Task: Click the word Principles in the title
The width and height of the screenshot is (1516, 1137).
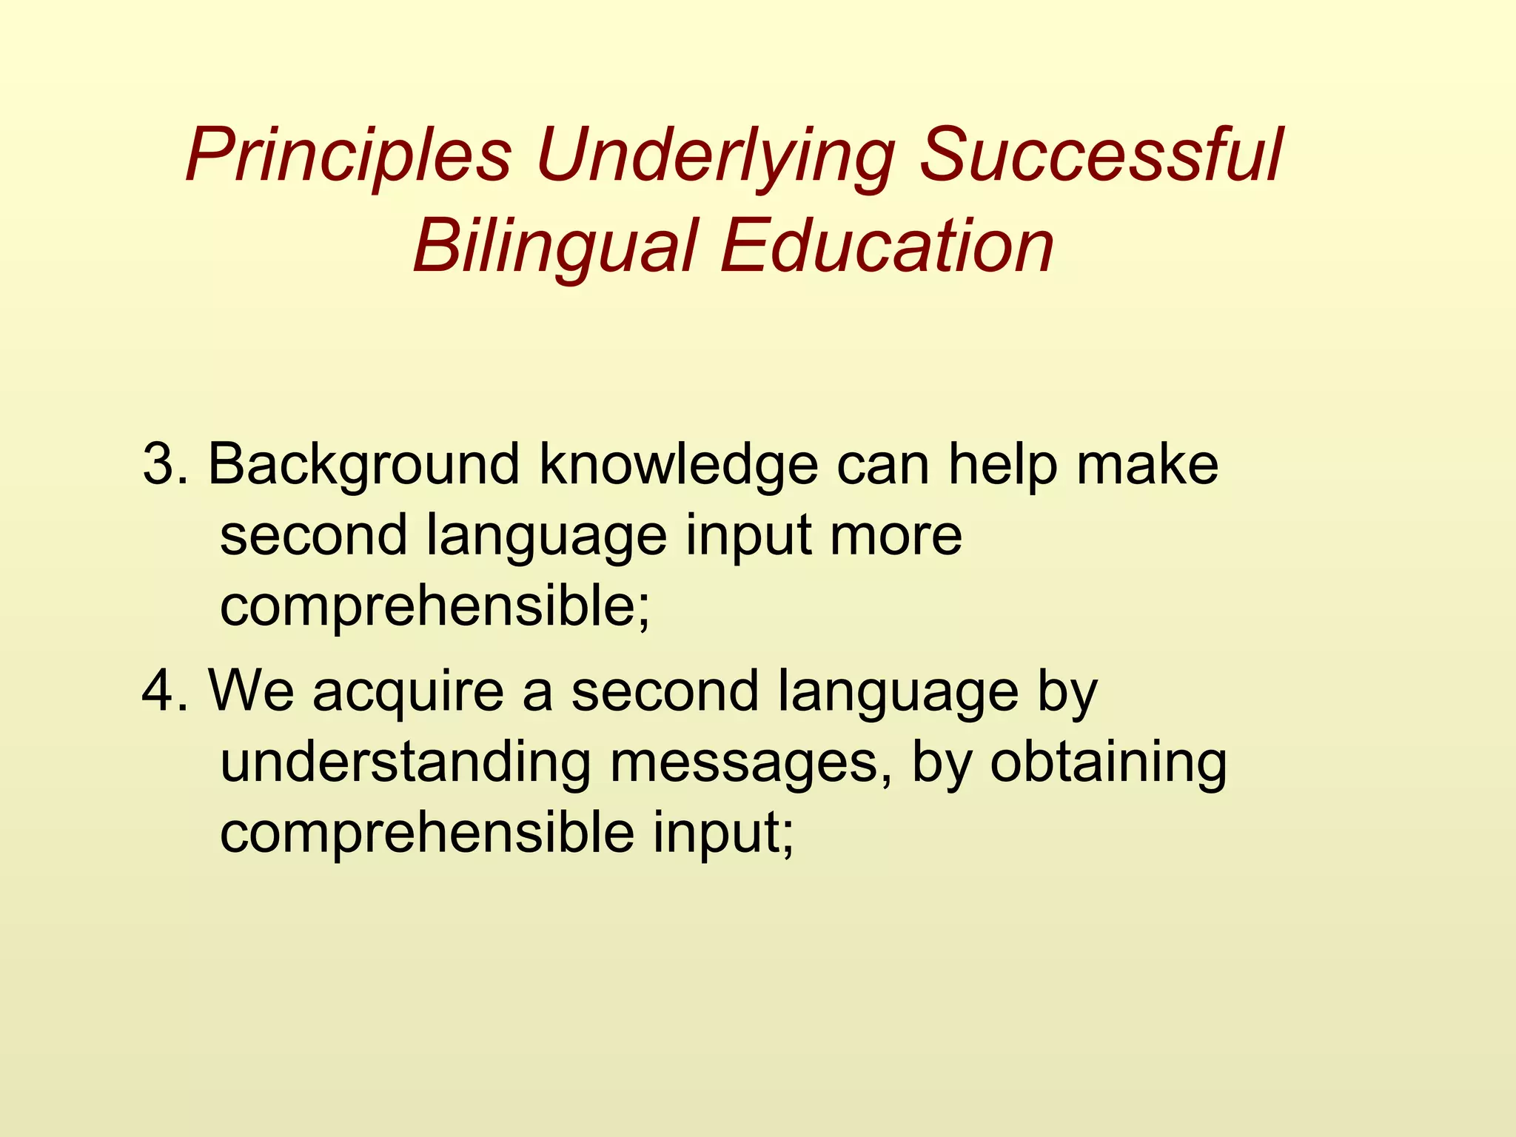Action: tap(349, 158)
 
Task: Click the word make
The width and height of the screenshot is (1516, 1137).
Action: tap(1147, 464)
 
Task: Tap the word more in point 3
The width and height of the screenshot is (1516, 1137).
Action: tap(896, 536)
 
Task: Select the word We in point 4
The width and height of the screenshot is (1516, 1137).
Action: tap(251, 691)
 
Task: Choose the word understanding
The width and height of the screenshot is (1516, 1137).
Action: tap(406, 762)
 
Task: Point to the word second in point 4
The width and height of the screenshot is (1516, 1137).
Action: tap(665, 691)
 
